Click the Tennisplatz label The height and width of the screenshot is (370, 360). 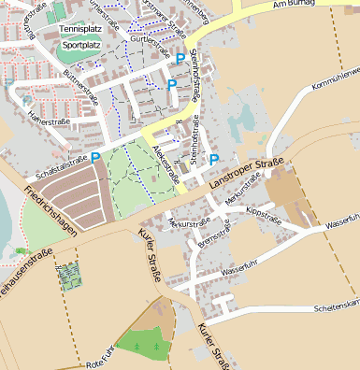tap(79, 30)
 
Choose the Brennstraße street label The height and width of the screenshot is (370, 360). tap(214, 239)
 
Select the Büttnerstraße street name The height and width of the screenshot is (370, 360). tap(80, 89)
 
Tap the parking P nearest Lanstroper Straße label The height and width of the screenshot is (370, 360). tap(214, 159)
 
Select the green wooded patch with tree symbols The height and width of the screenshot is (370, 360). tap(142, 345)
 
